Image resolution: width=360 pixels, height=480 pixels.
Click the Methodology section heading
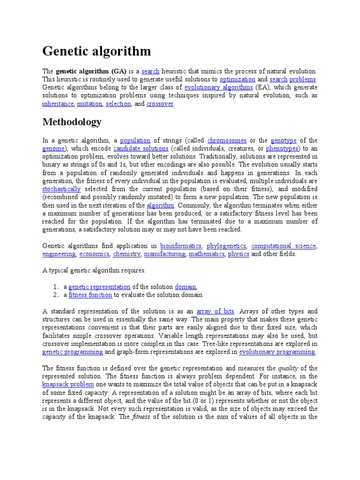point(72,122)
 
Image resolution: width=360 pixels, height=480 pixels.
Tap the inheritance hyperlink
point(58,104)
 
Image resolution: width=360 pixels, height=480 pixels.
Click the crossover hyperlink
point(160,104)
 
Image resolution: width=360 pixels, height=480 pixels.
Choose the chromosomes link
point(227,140)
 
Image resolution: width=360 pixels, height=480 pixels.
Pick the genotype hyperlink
point(284,140)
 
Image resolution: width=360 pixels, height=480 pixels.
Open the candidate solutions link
point(135,149)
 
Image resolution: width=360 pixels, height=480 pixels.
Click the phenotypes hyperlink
point(282,149)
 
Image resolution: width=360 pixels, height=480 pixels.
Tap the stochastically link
point(61,189)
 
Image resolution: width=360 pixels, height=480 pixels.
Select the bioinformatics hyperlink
point(180,246)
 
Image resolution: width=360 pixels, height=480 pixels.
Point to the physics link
point(238,254)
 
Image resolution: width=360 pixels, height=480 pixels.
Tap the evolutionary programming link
point(277,352)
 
